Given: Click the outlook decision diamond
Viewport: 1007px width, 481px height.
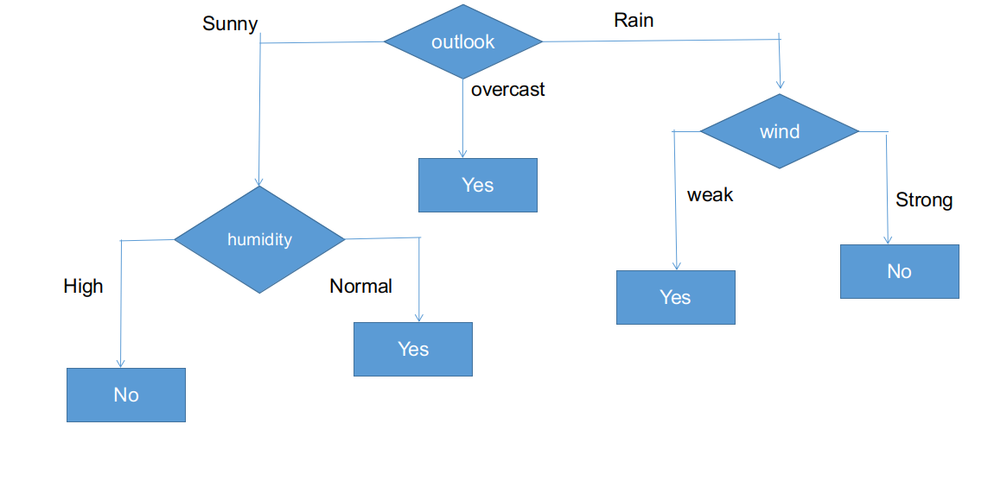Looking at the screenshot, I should click(x=463, y=41).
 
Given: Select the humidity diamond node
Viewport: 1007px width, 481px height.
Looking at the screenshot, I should click(x=259, y=239).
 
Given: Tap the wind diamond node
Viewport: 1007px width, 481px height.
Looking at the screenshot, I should click(x=779, y=131).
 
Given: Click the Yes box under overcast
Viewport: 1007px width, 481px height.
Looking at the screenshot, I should click(x=477, y=185).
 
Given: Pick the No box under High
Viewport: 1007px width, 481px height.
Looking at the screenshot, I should click(x=126, y=395).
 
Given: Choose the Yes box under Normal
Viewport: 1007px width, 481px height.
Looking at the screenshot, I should click(x=413, y=349).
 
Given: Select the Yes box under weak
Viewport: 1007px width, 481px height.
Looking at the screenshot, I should click(x=675, y=297).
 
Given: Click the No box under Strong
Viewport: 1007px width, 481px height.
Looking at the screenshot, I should click(x=899, y=271).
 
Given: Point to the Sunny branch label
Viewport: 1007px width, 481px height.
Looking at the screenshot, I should click(x=230, y=23).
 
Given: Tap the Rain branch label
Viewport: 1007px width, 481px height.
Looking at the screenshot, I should click(x=634, y=20).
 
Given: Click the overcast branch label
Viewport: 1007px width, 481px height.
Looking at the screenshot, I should click(x=507, y=89).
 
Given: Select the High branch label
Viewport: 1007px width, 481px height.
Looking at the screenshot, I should click(x=83, y=286).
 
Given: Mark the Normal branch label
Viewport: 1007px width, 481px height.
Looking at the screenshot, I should click(x=360, y=286).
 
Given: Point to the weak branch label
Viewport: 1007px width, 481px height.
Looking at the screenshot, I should click(x=710, y=195).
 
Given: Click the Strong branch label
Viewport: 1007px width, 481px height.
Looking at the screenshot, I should click(x=923, y=200).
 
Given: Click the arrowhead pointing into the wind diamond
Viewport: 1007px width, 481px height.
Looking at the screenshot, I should click(x=780, y=85).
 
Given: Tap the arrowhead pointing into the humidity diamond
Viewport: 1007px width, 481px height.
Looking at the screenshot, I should click(x=258, y=181).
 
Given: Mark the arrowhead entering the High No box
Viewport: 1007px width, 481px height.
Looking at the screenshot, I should click(x=120, y=364).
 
